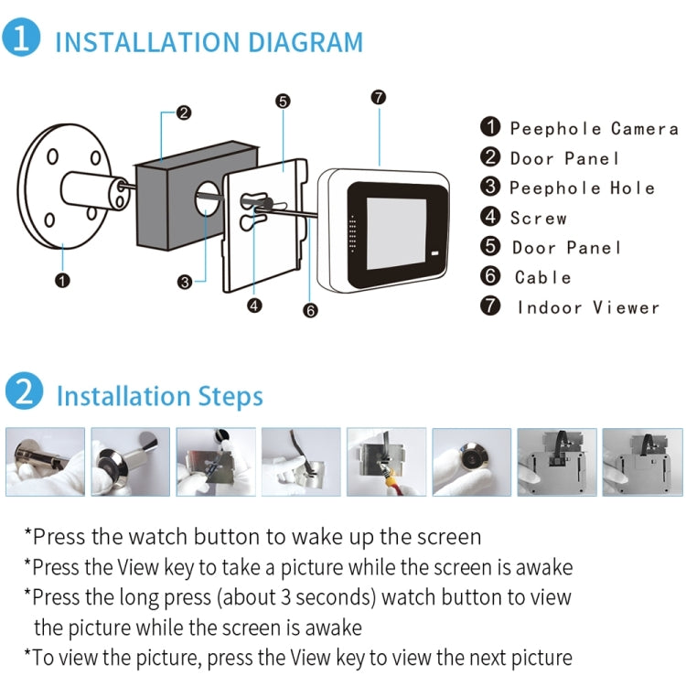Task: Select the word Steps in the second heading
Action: (x=230, y=396)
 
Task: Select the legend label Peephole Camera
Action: (x=594, y=129)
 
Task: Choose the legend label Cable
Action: (x=542, y=277)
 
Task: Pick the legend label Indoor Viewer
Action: (x=588, y=307)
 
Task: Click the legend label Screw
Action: (x=538, y=218)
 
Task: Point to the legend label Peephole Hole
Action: (x=582, y=188)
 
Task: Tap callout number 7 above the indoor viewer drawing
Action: (x=379, y=97)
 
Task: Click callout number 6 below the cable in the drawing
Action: (x=311, y=311)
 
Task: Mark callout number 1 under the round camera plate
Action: (x=62, y=280)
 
